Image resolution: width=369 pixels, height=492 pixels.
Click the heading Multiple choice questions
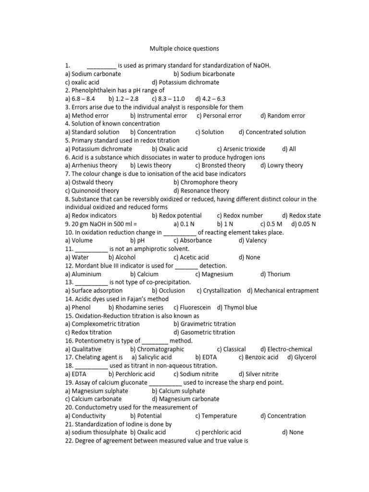click(x=184, y=49)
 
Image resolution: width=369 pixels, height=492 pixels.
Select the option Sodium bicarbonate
click(x=204, y=74)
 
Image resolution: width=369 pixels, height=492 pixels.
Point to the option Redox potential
click(x=177, y=216)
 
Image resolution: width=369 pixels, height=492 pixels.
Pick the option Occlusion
click(x=168, y=291)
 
